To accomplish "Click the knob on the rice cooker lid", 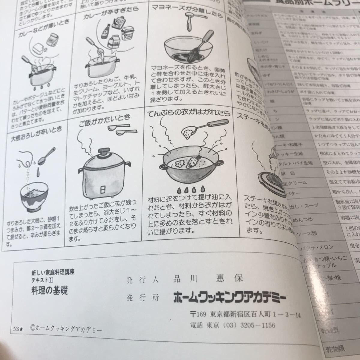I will (x=104, y=150).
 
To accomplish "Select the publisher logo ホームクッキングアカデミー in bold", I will (x=229, y=298).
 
